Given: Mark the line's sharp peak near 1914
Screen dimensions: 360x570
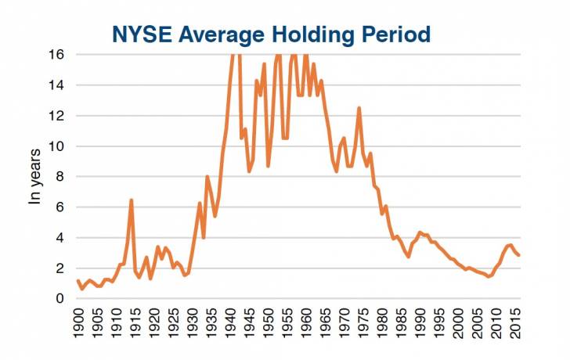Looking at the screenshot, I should [131, 200].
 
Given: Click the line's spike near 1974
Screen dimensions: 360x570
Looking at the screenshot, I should [359, 108].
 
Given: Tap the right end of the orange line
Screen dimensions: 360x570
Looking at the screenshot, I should [518, 255].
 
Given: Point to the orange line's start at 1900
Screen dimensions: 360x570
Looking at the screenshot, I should [78, 281].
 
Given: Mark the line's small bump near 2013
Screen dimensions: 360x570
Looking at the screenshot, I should [510, 245].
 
